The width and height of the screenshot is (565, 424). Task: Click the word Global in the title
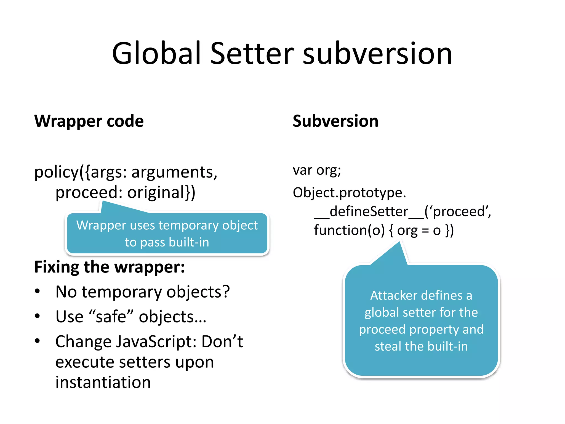156,53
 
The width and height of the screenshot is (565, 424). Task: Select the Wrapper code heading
89,121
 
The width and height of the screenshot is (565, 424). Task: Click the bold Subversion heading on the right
335,121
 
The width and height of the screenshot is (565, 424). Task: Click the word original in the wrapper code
156,192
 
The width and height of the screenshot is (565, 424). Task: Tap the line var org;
317,170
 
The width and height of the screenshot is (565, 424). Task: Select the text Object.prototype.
349,192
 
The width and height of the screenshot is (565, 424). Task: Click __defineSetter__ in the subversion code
369,211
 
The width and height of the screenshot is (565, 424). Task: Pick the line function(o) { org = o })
383,230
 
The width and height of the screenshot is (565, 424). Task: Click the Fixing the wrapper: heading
110,267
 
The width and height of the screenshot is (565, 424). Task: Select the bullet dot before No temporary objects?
37,291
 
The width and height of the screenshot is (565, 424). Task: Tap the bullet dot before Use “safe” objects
37,316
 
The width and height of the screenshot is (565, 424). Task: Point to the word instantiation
103,382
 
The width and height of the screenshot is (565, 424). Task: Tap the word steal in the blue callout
388,346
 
